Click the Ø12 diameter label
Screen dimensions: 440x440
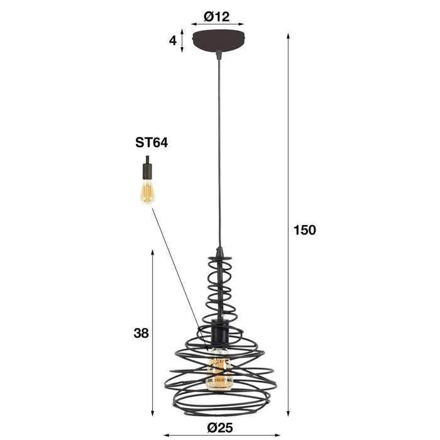point(217,17)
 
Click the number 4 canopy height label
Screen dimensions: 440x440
point(171,41)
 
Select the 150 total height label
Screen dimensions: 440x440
point(304,230)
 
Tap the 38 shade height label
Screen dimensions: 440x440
point(141,333)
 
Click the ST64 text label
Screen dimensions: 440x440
point(151,143)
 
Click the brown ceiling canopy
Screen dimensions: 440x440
point(217,40)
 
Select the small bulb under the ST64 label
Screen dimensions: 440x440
point(146,191)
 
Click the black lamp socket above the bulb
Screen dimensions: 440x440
point(219,331)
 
